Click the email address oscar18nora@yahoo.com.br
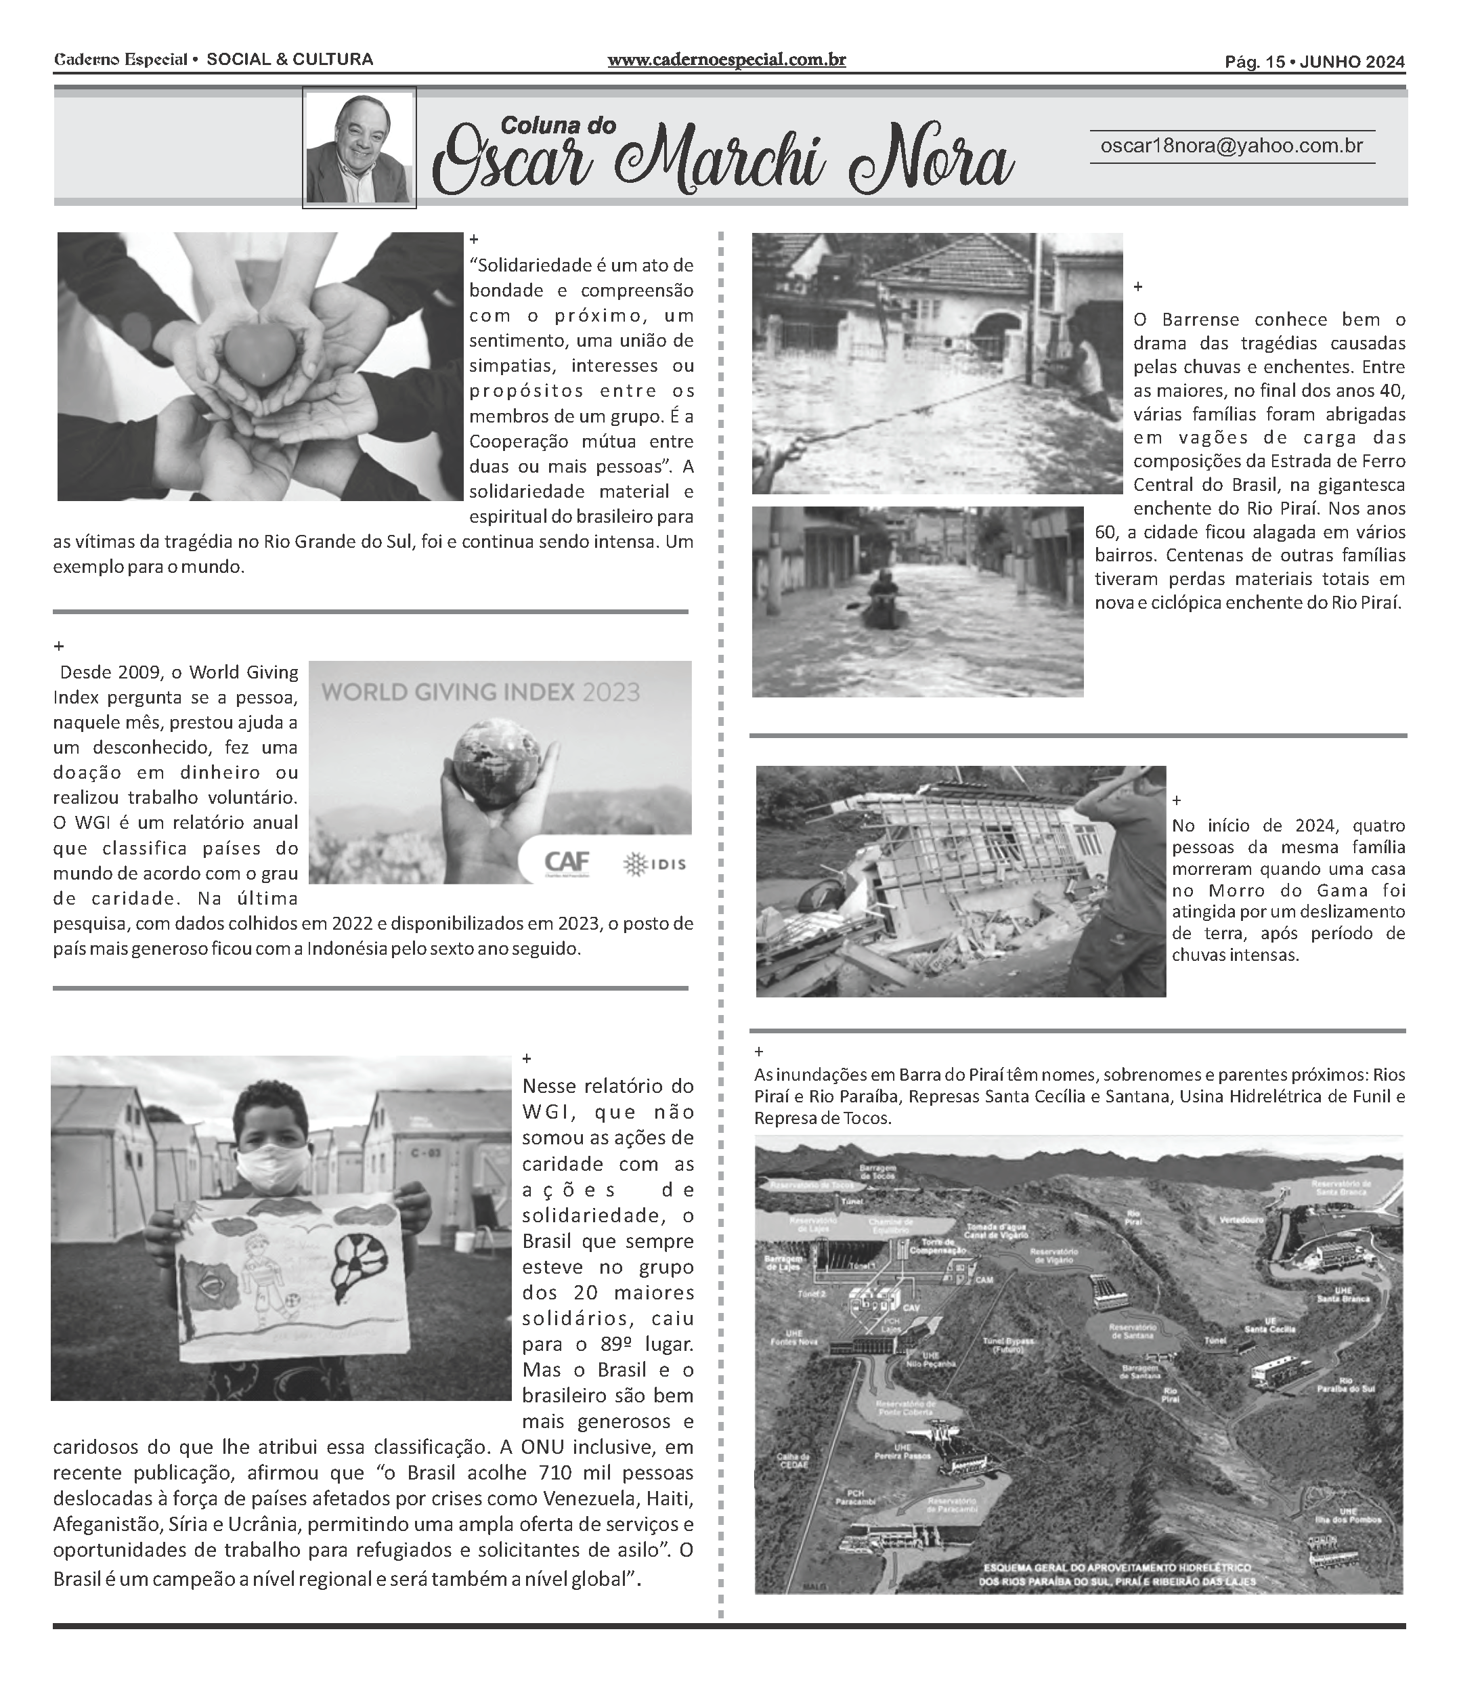point(1231,146)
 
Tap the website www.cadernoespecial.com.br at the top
point(726,60)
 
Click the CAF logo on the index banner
point(567,862)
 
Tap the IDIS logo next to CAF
point(655,864)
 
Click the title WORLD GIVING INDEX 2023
point(481,693)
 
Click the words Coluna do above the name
point(558,125)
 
